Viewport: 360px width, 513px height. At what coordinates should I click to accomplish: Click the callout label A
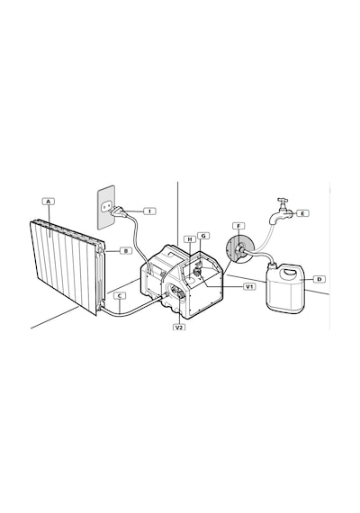[49, 202]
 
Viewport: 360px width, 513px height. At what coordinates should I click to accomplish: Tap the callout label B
[126, 251]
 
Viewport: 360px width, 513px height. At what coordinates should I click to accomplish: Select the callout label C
[120, 296]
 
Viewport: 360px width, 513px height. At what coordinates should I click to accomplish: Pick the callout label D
[319, 279]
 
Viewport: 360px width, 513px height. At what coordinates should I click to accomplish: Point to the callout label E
[302, 213]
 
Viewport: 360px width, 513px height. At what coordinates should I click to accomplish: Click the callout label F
[238, 226]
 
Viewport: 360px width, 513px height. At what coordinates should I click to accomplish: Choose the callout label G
[203, 236]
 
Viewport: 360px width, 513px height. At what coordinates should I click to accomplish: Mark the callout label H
[189, 239]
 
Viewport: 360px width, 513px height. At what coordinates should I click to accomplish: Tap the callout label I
[150, 211]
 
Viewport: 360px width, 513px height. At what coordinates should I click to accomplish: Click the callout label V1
[250, 286]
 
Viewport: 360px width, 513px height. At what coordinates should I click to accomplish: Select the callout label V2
[179, 327]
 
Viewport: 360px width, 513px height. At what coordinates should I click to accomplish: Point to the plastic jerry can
[285, 287]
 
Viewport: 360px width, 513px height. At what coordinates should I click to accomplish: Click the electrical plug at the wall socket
[117, 211]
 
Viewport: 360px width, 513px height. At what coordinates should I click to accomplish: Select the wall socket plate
[106, 207]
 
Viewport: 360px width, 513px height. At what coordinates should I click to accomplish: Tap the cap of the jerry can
[273, 263]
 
